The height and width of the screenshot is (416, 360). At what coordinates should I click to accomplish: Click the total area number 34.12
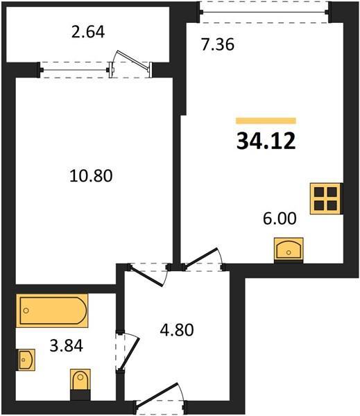[x=266, y=141]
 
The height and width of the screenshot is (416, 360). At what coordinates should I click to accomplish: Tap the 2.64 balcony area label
[x=88, y=32]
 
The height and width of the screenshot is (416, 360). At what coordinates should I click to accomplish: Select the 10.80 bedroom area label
[x=91, y=175]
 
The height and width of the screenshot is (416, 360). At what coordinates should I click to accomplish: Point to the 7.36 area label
[x=217, y=44]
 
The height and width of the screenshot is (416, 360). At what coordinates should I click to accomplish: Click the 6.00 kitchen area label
[x=280, y=218]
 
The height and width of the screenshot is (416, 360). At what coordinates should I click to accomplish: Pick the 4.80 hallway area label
[x=177, y=330]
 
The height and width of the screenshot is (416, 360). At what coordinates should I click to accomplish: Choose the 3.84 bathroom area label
[x=67, y=346]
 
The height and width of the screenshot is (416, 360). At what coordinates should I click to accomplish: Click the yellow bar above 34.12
[x=266, y=121]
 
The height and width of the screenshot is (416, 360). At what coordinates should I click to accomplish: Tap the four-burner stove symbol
[x=325, y=198]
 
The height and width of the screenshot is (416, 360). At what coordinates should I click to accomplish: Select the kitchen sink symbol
[x=289, y=250]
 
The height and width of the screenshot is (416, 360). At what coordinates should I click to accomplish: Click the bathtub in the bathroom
[x=52, y=311]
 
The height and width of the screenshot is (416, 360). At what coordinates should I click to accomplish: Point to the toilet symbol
[x=80, y=384]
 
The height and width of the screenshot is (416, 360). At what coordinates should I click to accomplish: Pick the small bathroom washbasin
[x=26, y=359]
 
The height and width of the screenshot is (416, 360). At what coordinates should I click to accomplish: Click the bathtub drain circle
[x=26, y=311]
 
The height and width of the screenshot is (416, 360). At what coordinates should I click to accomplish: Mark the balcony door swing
[x=132, y=62]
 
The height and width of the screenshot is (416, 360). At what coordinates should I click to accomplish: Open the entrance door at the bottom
[x=160, y=397]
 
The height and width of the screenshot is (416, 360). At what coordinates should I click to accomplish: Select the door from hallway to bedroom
[x=146, y=276]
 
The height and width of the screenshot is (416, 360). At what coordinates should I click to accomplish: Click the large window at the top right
[x=264, y=12]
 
